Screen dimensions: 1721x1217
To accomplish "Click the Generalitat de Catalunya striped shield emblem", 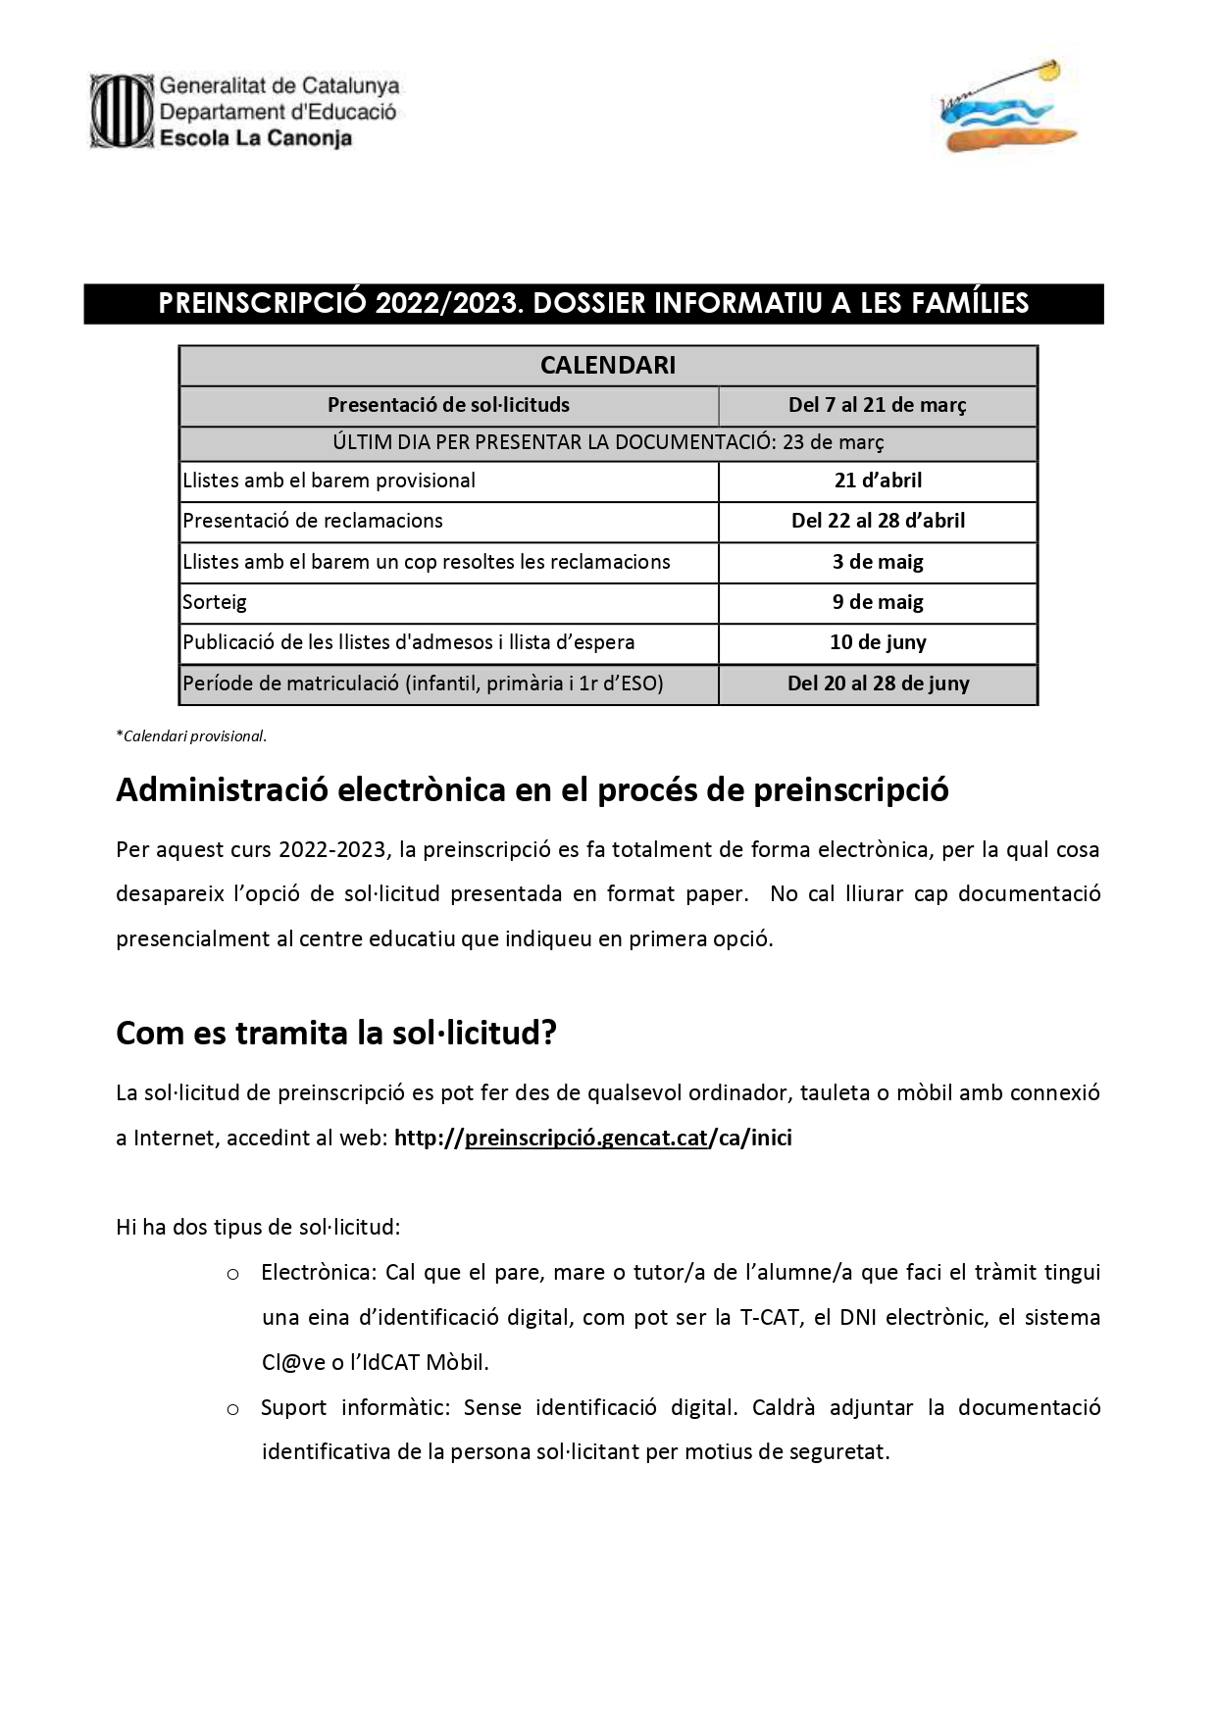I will pyautogui.click(x=122, y=112).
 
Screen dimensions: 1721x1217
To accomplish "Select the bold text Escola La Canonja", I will pyautogui.click(x=255, y=138).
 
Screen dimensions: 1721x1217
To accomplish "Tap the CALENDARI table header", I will pyautogui.click(x=608, y=366).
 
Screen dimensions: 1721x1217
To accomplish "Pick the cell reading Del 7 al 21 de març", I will pyautogui.click(x=878, y=405).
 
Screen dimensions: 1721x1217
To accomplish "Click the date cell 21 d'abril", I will pyautogui.click(x=878, y=481).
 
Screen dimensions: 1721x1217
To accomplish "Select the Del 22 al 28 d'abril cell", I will pyautogui.click(x=878, y=521).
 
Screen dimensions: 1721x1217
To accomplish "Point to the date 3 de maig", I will pyautogui.click(x=878, y=562).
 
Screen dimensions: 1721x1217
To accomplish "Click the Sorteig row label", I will pyautogui.click(x=215, y=602).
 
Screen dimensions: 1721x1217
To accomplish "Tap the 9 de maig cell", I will pyautogui.click(x=878, y=602).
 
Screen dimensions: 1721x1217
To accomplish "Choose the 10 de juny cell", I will pyautogui.click(x=878, y=642).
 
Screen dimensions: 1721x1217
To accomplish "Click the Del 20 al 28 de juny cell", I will pyautogui.click(x=878, y=683).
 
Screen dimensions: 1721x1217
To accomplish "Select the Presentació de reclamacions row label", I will pyautogui.click(x=313, y=521).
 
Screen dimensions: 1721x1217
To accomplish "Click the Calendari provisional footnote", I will pyautogui.click(x=191, y=736).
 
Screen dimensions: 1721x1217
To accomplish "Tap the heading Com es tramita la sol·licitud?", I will pyautogui.click(x=336, y=1033).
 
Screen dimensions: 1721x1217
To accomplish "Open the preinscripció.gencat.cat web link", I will pyautogui.click(x=586, y=1138).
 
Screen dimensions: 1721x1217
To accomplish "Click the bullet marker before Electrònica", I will pyautogui.click(x=233, y=1274).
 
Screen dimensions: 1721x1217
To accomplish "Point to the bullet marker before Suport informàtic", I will pyautogui.click(x=233, y=1409).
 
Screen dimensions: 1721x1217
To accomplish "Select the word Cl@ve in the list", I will pyautogui.click(x=287, y=1362).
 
